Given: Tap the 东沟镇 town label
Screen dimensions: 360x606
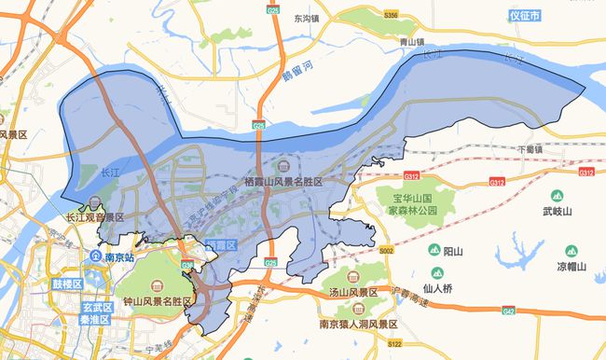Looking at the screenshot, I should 306,18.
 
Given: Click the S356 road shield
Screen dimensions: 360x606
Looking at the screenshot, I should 390,16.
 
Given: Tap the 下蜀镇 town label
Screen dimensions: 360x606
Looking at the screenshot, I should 529,148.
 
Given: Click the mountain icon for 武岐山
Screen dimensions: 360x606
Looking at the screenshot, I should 557,196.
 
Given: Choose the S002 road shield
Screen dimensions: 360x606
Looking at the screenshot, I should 387,252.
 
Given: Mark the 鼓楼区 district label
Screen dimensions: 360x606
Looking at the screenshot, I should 67,284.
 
